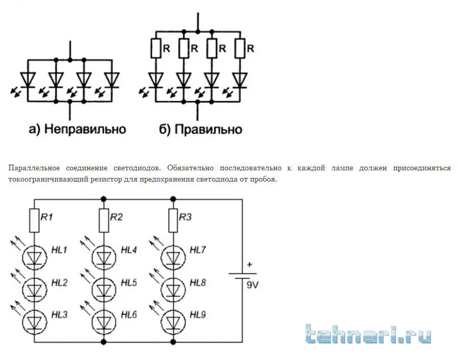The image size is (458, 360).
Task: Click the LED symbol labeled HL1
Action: pos(34,258)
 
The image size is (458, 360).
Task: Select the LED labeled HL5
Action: pos(104,289)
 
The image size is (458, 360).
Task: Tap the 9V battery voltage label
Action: pos(253,285)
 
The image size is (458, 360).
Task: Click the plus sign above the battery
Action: pos(249,265)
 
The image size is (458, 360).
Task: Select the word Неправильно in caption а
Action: pos(85,129)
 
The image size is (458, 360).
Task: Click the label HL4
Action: pos(129,251)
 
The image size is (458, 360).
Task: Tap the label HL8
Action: pos(197,283)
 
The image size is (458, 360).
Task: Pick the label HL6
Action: pos(129,315)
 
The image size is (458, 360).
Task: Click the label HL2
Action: pos(59,283)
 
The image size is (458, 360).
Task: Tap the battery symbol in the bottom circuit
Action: pos(242,276)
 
